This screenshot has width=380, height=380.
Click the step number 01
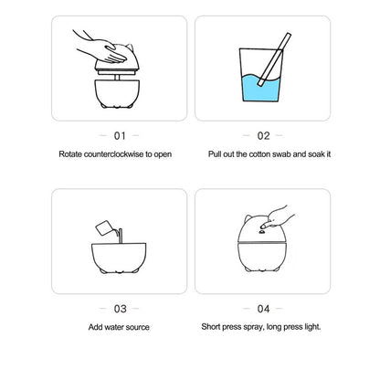pyautogui.click(x=120, y=136)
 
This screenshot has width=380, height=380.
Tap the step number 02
pyautogui.click(x=263, y=136)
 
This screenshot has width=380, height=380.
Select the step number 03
pyautogui.click(x=120, y=309)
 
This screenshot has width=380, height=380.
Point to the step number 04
pyautogui.click(x=263, y=309)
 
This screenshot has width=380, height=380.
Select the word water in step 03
pyautogui.click(x=114, y=327)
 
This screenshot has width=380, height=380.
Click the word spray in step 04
pyautogui.click(x=254, y=327)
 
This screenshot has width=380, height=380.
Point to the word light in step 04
pyautogui.click(x=312, y=327)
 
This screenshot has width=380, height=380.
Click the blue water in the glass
pyautogui.click(x=260, y=89)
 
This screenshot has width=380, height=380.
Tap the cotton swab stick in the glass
pyautogui.click(x=274, y=59)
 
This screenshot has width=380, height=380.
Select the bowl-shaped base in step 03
pyautogui.click(x=119, y=258)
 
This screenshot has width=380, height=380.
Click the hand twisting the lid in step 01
pyautogui.click(x=103, y=47)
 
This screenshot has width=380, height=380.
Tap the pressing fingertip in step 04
pyautogui.click(x=264, y=226)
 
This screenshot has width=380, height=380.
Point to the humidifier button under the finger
pyautogui.click(x=261, y=232)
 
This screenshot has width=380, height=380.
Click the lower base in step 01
pyautogui.click(x=117, y=93)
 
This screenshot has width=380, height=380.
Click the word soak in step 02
pyautogui.click(x=317, y=154)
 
